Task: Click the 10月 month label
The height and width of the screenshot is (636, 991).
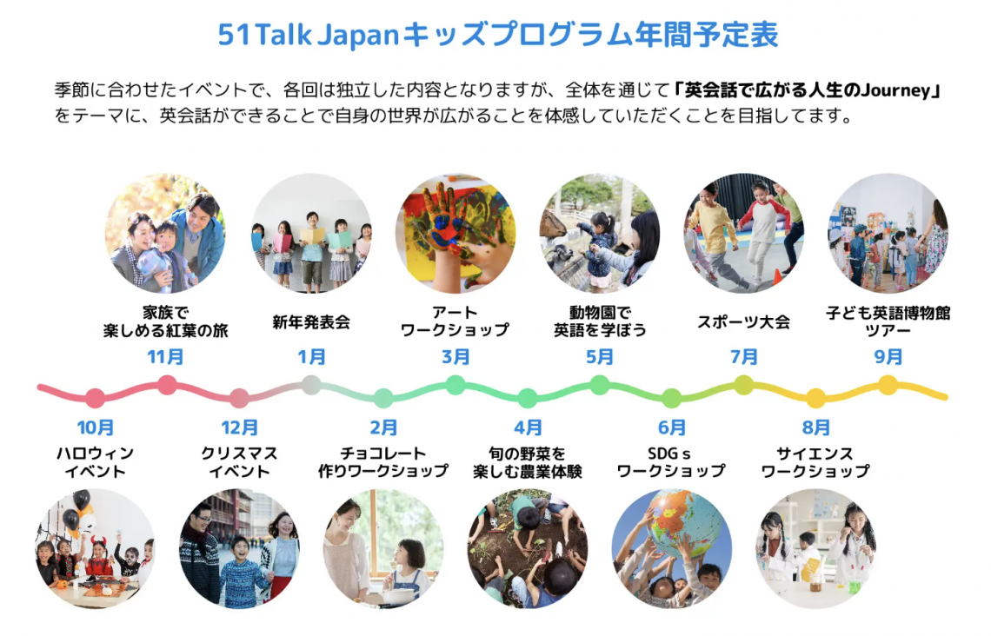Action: coord(96,427)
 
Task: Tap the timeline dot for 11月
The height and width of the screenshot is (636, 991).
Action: coord(167,385)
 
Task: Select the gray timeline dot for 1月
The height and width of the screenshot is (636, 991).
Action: coord(311,385)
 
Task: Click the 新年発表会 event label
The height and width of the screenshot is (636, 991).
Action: coord(311,322)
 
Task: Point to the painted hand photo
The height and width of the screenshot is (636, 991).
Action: coord(455,233)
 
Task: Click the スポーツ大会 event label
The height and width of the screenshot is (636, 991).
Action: coord(744,322)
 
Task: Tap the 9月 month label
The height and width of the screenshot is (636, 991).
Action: coord(888,357)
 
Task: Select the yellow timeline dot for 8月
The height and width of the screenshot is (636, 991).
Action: coord(816,398)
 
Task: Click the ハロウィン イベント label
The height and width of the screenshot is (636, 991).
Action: coord(96,462)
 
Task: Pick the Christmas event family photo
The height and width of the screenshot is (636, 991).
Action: coord(239,548)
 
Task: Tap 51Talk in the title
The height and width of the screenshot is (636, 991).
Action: coord(264,34)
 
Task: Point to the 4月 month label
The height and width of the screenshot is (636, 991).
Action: coord(528,427)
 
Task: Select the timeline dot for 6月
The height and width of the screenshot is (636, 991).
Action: coord(672,398)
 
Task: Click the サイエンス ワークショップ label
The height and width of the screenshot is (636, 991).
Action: coord(816,462)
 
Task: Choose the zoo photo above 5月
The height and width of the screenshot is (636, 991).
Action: coord(599,233)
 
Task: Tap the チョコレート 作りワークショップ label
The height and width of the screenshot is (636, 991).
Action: coord(383,462)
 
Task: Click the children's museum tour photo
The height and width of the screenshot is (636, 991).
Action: coord(888,233)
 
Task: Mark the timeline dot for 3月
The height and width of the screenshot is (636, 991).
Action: coord(455,385)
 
